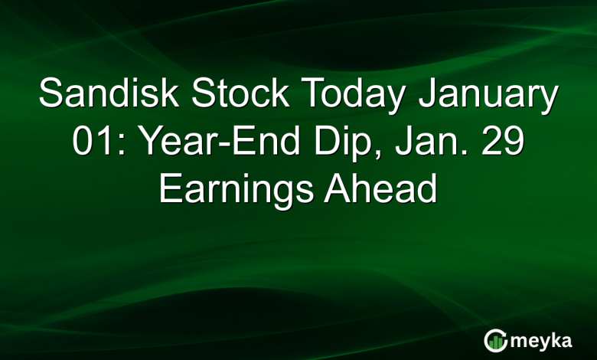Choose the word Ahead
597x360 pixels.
point(380,188)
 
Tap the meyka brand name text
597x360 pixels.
point(545,339)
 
